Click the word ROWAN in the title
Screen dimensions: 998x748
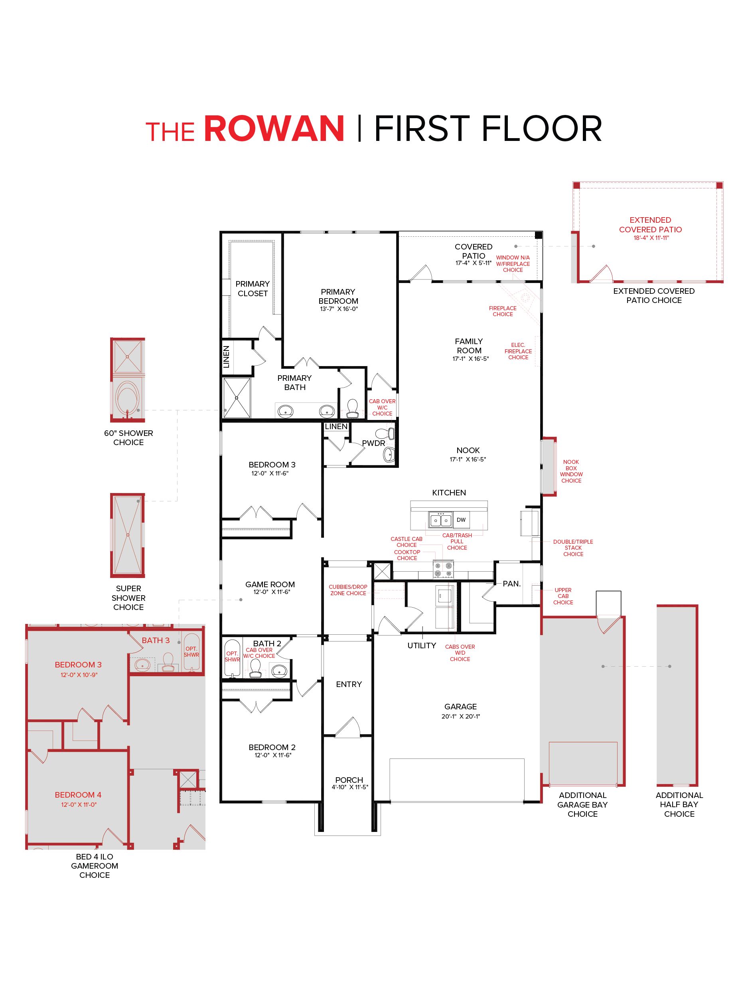click(274, 129)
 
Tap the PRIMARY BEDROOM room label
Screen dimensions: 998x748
click(338, 297)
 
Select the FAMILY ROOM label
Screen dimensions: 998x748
click(469, 346)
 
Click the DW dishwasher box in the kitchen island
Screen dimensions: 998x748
click(461, 520)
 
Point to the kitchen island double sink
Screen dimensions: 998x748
click(440, 520)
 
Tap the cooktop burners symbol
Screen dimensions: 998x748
click(443, 568)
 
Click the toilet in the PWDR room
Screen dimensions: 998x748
click(387, 433)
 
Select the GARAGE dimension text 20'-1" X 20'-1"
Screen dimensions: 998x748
click(460, 716)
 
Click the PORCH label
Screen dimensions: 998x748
click(349, 780)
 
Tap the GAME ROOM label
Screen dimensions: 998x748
click(270, 584)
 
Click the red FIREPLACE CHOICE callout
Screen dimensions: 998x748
click(502, 311)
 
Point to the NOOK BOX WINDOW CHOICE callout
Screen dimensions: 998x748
click(571, 471)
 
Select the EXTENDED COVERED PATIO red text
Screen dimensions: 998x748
click(650, 225)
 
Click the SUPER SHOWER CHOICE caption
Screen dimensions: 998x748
click(128, 598)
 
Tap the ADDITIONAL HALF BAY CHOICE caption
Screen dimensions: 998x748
click(679, 804)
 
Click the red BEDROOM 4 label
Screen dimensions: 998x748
click(78, 795)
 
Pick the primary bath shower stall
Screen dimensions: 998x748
click(237, 398)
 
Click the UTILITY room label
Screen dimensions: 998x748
click(422, 646)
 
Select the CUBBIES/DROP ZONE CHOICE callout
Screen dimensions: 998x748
click(348, 590)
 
